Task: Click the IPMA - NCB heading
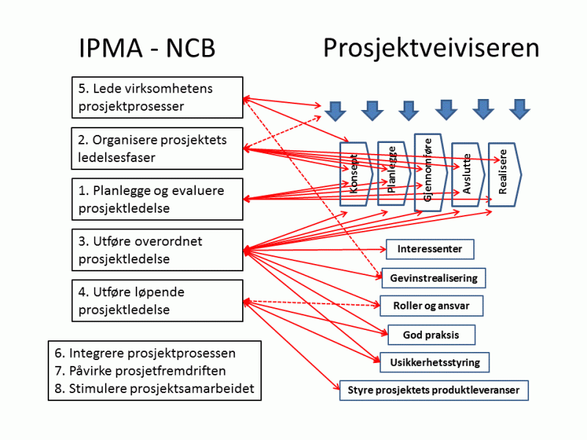click(x=147, y=48)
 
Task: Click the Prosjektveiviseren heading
click(x=431, y=48)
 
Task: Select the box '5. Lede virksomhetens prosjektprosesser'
click(x=157, y=98)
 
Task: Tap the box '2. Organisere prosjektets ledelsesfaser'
click(x=157, y=148)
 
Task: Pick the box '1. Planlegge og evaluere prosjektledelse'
click(x=157, y=199)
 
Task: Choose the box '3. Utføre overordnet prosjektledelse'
click(x=157, y=250)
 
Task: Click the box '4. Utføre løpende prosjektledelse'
click(x=157, y=301)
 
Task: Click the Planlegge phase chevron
click(x=392, y=173)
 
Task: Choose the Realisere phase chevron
click(x=504, y=175)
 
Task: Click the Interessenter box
click(x=430, y=249)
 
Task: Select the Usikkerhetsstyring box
click(x=434, y=362)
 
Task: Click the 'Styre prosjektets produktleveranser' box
click(x=434, y=390)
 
